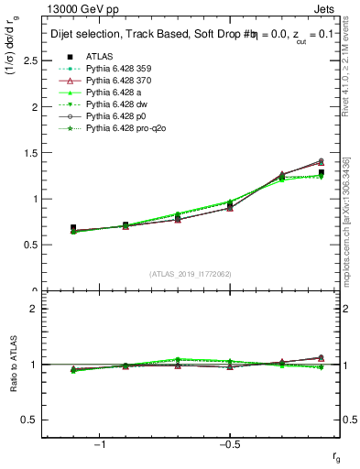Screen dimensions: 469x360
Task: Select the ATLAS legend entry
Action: pyautogui.click(x=101, y=56)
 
